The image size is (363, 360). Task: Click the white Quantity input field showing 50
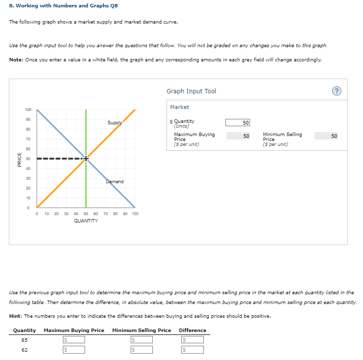(238, 122)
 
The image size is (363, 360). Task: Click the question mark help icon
(336, 91)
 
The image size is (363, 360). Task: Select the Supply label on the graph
(115, 123)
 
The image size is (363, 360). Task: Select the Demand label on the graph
(114, 182)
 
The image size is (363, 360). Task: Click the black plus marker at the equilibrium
(86, 159)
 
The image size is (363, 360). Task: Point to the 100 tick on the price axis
(28, 110)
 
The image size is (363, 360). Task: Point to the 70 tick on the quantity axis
(106, 214)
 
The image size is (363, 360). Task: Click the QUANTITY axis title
(85, 221)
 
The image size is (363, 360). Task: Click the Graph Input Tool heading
(191, 91)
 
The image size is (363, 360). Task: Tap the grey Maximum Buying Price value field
(238, 136)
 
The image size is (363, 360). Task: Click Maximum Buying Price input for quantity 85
(74, 340)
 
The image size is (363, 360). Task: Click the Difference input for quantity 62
(193, 350)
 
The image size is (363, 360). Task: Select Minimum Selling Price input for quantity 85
(141, 340)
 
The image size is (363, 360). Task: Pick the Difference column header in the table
(193, 330)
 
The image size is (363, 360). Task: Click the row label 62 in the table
(25, 350)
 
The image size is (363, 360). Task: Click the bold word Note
(17, 59)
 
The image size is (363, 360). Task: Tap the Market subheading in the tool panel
(179, 107)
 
